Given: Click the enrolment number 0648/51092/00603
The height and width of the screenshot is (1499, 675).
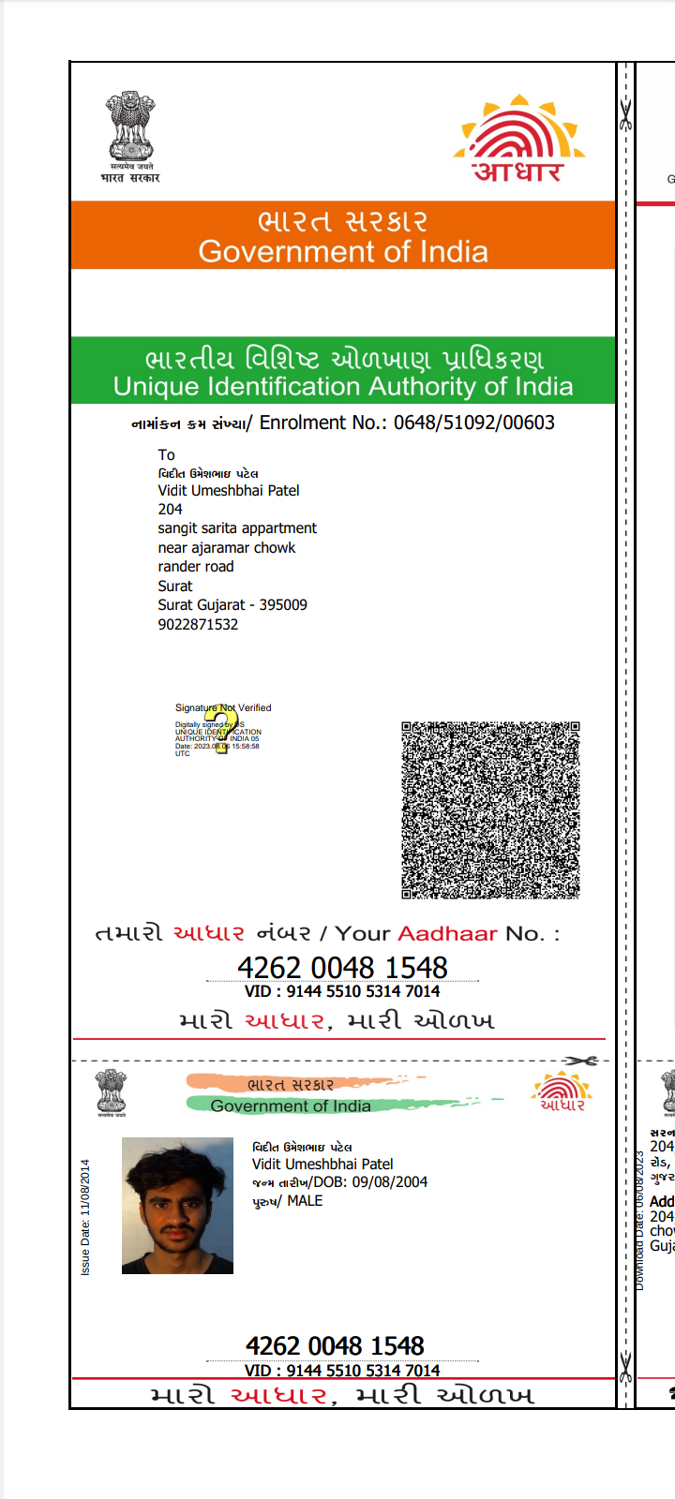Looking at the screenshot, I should click(x=473, y=423).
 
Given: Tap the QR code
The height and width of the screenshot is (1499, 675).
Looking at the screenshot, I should click(x=490, y=810).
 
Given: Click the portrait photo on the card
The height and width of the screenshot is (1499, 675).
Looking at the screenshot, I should click(x=177, y=1206).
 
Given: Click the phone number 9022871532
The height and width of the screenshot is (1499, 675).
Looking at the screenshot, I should click(x=198, y=625).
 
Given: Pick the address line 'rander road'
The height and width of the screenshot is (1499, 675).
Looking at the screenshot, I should click(x=196, y=567).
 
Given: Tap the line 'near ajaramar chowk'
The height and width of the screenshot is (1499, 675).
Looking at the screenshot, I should click(x=226, y=548).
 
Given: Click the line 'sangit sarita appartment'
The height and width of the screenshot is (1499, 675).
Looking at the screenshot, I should click(x=237, y=528).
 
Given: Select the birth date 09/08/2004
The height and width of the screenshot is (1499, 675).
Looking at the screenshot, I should click(x=390, y=1182).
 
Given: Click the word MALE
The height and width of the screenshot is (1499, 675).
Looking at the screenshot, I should click(x=305, y=1201).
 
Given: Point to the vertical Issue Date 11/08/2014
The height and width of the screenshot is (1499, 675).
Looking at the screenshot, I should click(x=85, y=1217).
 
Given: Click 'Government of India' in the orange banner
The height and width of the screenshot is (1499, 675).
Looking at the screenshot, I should click(x=343, y=252).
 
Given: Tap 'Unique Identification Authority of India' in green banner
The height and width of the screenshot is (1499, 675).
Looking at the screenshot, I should click(x=343, y=387).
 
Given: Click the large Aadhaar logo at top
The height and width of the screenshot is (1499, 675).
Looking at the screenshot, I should click(x=519, y=139).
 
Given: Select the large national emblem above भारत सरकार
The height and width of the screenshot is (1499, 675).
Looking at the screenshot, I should click(x=130, y=127).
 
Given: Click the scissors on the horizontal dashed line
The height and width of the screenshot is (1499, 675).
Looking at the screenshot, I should click(x=580, y=1061).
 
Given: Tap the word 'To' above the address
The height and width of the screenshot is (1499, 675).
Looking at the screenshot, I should click(x=166, y=455).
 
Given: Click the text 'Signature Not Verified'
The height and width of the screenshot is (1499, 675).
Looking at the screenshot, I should click(x=223, y=707).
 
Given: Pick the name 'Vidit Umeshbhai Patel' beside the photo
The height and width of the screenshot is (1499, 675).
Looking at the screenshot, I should click(x=322, y=1164).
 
